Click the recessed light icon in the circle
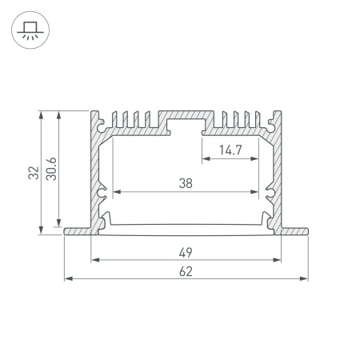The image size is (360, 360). [x=30, y=30]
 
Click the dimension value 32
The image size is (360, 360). [x=34, y=173]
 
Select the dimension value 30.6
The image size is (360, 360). [x=51, y=169]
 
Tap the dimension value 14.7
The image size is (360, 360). [x=230, y=150]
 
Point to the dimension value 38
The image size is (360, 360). [x=186, y=183]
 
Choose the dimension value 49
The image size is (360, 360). [x=186, y=253]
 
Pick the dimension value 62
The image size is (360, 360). [x=186, y=271]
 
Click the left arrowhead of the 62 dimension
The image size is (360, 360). [x=68, y=278]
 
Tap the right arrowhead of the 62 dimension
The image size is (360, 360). [x=304, y=278]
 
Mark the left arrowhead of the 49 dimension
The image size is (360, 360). [x=95, y=260]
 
